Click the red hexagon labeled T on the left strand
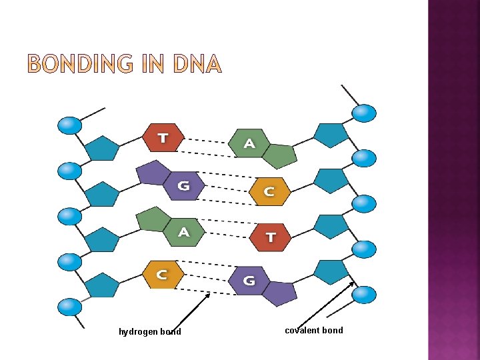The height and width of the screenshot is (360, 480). coord(162,138)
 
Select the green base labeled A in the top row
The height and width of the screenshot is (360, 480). coord(249,143)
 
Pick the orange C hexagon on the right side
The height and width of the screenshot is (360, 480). coord(269,191)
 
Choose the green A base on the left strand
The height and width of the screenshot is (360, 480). coord(183,231)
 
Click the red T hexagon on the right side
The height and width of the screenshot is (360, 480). coord(270,237)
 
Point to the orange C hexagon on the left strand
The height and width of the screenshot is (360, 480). coord(162,273)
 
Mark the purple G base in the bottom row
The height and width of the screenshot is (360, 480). coord(249,280)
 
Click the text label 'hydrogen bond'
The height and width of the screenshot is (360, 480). coord(149,332)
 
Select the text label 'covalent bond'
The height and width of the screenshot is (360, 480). coord(313,330)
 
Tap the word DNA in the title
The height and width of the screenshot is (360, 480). coord(197,64)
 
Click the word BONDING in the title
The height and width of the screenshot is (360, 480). coord(83,64)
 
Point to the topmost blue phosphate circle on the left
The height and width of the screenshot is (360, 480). coord(69,125)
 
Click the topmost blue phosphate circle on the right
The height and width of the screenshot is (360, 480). coord(364,113)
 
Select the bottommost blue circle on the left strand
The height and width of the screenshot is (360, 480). coord(69,307)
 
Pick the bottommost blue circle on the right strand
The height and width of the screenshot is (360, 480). coord(364,293)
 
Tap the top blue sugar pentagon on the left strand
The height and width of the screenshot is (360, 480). coord(103,148)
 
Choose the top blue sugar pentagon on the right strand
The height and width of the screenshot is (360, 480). coord(331,135)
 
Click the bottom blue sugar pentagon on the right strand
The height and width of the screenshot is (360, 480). coord(331,271)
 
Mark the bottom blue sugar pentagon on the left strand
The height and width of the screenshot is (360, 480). coord(103,285)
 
